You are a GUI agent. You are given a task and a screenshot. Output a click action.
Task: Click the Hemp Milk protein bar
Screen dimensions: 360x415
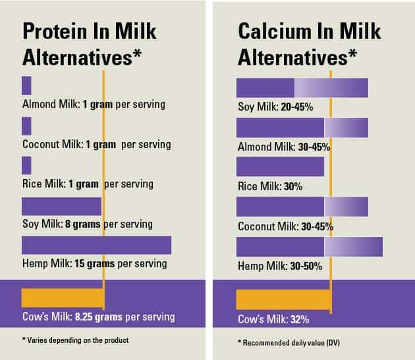coord(96,245)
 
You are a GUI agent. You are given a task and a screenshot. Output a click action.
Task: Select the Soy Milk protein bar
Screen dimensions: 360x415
coord(61,206)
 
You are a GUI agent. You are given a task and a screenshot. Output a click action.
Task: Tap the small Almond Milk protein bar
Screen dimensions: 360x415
coord(26,86)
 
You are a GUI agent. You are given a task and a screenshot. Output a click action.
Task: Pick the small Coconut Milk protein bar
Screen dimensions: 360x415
coord(26,126)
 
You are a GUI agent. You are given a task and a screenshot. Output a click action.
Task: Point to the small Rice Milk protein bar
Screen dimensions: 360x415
coord(26,165)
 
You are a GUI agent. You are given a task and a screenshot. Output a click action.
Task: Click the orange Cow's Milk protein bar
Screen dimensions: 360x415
coord(63,297)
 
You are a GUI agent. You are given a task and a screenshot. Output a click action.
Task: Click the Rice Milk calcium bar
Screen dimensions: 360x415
coord(280,167)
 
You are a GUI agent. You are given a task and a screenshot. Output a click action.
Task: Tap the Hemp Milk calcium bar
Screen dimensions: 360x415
coord(309,246)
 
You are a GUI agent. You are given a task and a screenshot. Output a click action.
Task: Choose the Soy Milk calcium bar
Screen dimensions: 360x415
coord(302,88)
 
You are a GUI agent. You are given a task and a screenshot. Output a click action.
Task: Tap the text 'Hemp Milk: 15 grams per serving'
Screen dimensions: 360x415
coord(94,264)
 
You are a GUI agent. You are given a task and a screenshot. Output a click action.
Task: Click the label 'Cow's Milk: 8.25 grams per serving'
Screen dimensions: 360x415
coord(98,317)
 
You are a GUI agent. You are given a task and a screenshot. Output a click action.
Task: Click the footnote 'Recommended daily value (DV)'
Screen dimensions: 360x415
coord(289,343)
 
